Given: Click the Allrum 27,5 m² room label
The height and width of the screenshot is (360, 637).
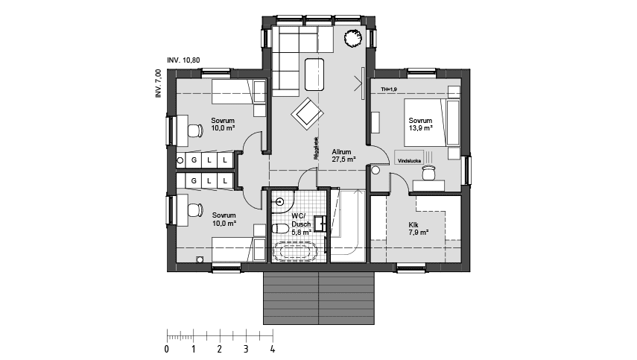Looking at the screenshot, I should (x=343, y=154).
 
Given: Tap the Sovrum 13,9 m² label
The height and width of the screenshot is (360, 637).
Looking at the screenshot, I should (x=419, y=124).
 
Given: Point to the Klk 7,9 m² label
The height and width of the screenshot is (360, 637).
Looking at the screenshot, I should (x=418, y=229).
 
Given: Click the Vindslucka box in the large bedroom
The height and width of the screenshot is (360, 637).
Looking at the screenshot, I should (x=410, y=160).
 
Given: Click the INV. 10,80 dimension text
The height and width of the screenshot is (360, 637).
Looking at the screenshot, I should (x=183, y=59).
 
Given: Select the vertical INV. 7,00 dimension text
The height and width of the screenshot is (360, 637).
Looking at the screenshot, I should (x=158, y=83).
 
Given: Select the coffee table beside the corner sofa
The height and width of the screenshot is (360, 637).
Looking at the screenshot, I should (x=314, y=72).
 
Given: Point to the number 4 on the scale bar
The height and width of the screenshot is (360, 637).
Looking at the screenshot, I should (x=272, y=348).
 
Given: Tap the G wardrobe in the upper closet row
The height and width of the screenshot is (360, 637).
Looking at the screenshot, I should (x=194, y=160).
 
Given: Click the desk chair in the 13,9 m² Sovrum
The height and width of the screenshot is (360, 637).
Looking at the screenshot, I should (x=428, y=172).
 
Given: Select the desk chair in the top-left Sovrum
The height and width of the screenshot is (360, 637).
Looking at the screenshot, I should (x=194, y=132).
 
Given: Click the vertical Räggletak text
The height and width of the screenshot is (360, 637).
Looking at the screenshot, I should (x=317, y=148).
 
